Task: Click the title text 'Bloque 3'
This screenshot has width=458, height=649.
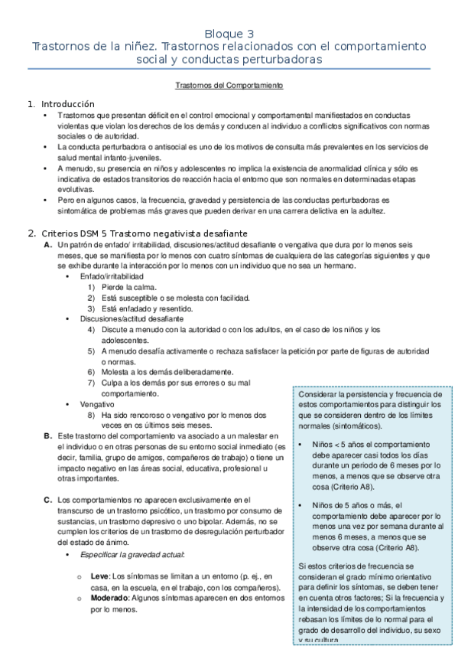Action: tap(229, 34)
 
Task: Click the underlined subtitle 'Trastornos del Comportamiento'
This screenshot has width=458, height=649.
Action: tap(229, 86)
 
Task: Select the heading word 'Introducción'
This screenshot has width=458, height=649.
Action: tap(67, 103)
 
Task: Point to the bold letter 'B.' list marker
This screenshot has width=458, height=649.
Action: tap(48, 435)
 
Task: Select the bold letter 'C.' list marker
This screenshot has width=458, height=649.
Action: tap(48, 500)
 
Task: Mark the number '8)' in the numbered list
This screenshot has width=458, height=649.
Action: tap(90, 414)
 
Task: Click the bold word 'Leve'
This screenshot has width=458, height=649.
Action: tap(99, 575)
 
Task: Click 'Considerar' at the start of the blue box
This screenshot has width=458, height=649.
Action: tap(320, 393)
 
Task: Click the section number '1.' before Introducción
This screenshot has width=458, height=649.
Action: tap(31, 103)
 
